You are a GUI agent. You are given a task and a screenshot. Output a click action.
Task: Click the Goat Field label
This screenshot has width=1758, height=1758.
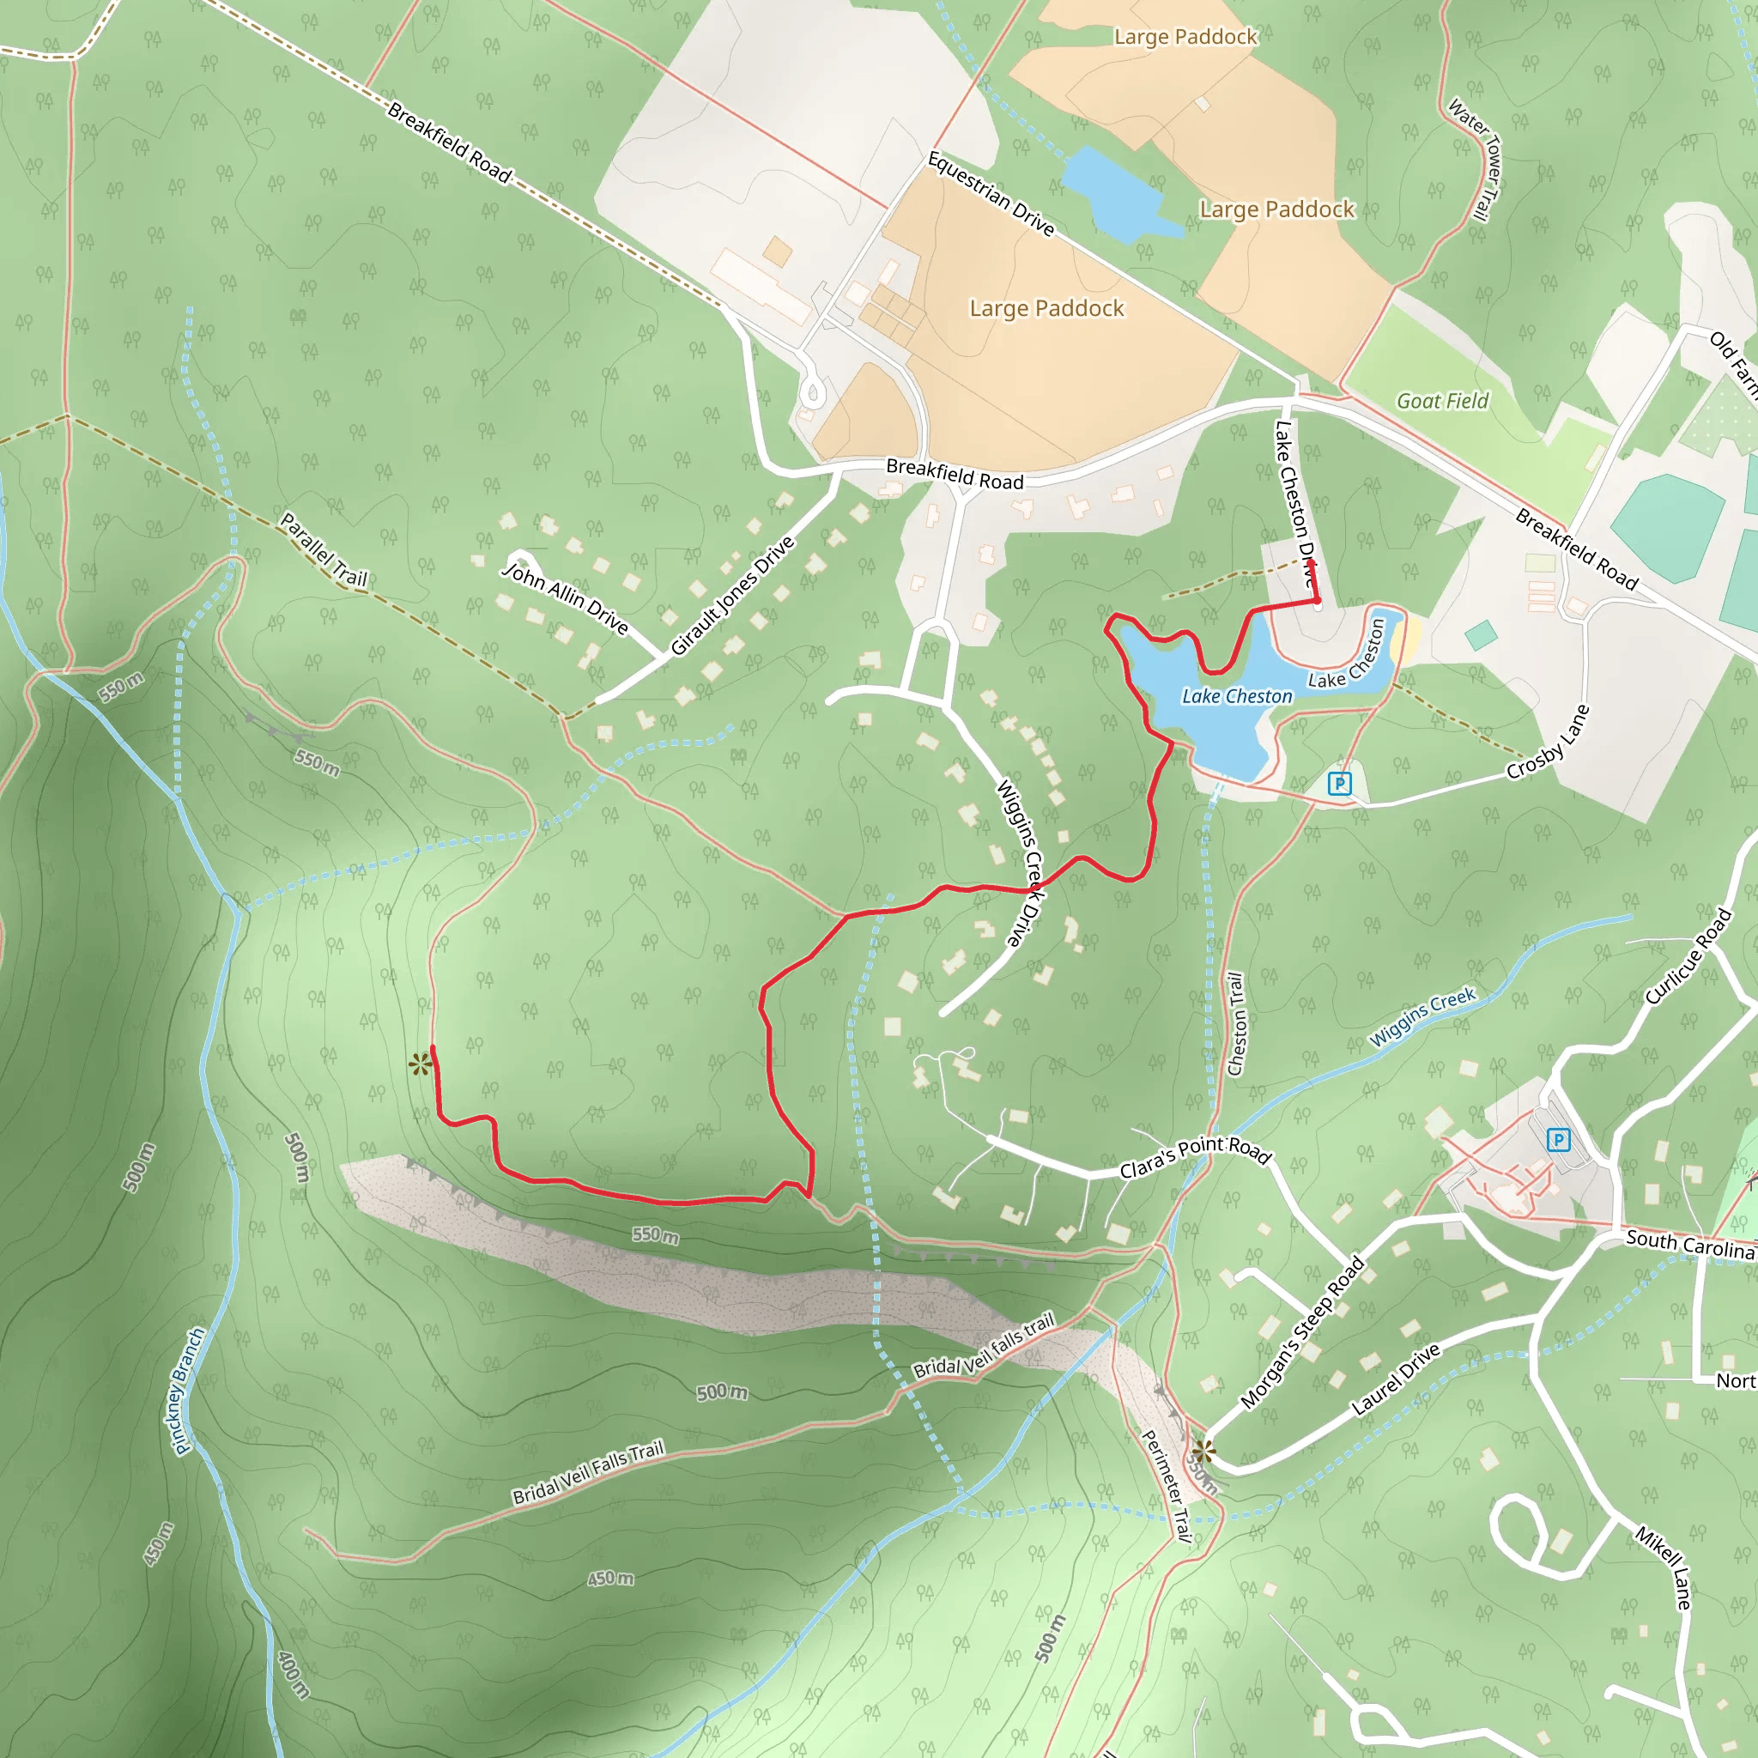1442,400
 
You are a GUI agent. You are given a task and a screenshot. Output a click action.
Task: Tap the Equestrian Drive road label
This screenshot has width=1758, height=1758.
991,194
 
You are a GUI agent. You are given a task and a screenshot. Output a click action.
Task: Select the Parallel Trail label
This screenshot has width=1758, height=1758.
323,549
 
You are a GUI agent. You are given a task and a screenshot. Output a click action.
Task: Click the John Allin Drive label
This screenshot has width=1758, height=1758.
565,597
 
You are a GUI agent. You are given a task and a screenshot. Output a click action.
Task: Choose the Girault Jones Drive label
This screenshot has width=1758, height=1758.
732,596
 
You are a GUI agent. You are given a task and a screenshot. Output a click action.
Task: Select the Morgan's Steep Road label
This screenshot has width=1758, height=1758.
1302,1332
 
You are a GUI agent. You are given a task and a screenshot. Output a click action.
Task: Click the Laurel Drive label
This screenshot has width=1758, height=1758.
1396,1379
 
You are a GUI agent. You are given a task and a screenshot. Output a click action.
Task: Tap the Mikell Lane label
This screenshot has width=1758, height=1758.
1664,1567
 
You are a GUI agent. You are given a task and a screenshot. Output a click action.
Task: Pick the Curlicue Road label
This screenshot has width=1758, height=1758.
1688,956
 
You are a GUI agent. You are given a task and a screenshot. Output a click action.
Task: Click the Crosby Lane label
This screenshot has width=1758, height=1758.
1548,743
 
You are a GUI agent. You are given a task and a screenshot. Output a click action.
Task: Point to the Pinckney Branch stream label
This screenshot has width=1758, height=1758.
188,1391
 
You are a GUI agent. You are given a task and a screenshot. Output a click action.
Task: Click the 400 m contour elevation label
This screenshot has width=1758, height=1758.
293,1673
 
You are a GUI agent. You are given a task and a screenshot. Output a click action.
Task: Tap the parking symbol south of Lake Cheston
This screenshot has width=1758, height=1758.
1339,783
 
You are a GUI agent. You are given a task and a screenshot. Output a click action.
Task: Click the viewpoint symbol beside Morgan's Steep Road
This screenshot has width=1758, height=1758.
1203,1452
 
